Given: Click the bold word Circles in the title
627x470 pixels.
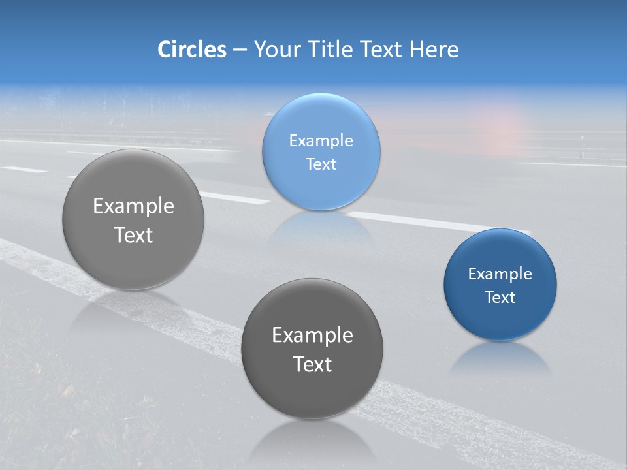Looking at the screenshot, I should pos(191,50).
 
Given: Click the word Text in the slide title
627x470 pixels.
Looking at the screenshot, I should pos(382,50).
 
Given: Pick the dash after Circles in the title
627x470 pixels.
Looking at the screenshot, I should pos(240,50).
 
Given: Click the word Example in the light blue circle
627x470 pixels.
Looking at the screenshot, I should pos(321,141).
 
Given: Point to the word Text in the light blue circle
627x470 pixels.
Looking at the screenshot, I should pos(321,164).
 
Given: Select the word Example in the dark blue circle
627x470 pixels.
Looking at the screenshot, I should pos(500,274).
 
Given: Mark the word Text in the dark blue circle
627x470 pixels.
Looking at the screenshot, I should pos(500,298).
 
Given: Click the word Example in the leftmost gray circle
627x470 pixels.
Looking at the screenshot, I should pos(133,206).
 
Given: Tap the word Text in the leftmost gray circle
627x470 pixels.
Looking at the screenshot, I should pos(133,235).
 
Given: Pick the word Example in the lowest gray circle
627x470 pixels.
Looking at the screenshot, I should pos(312,336).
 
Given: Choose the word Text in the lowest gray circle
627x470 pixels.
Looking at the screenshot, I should pos(312,364).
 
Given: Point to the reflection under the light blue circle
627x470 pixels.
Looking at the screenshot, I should pos(321,226).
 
